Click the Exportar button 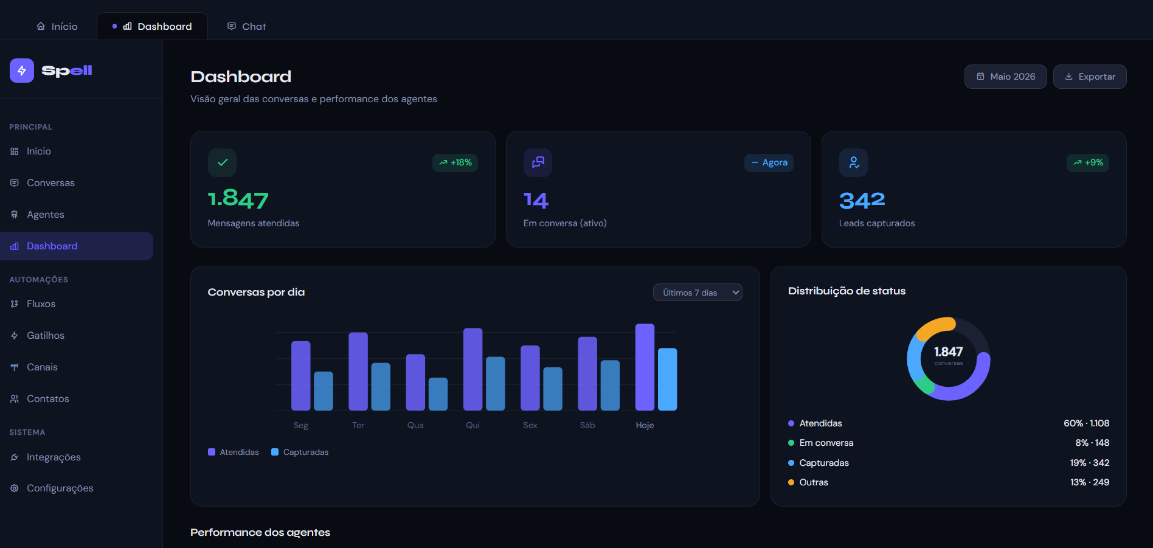[1090, 77]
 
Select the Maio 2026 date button [1005, 77]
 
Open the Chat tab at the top [246, 26]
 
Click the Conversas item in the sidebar [50, 183]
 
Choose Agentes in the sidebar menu [45, 215]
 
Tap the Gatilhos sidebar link [45, 336]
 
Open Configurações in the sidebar [60, 488]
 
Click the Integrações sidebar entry [54, 457]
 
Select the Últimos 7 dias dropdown [698, 293]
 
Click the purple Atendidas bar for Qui [473, 369]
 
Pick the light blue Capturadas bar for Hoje [667, 379]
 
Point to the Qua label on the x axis [415, 425]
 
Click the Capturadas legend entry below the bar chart [300, 452]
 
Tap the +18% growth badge [455, 163]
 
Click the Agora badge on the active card [769, 163]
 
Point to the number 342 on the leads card [862, 200]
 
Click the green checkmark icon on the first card [222, 162]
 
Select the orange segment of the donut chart [934, 325]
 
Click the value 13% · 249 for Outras [1090, 482]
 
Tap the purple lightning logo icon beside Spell [22, 71]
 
